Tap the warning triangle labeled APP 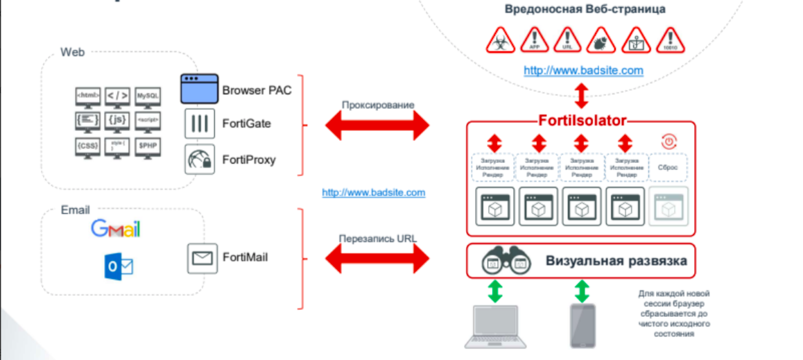534,42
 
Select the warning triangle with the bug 600,42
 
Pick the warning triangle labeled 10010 670,42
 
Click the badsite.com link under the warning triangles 583,70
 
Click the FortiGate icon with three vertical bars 200,124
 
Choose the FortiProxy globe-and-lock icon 200,160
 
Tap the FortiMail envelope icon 202,258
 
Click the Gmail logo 115,229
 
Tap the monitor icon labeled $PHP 148,146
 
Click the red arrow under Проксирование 377,126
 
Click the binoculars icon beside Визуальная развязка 506,262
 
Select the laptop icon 493,325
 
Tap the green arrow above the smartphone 581,291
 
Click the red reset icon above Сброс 669,142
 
